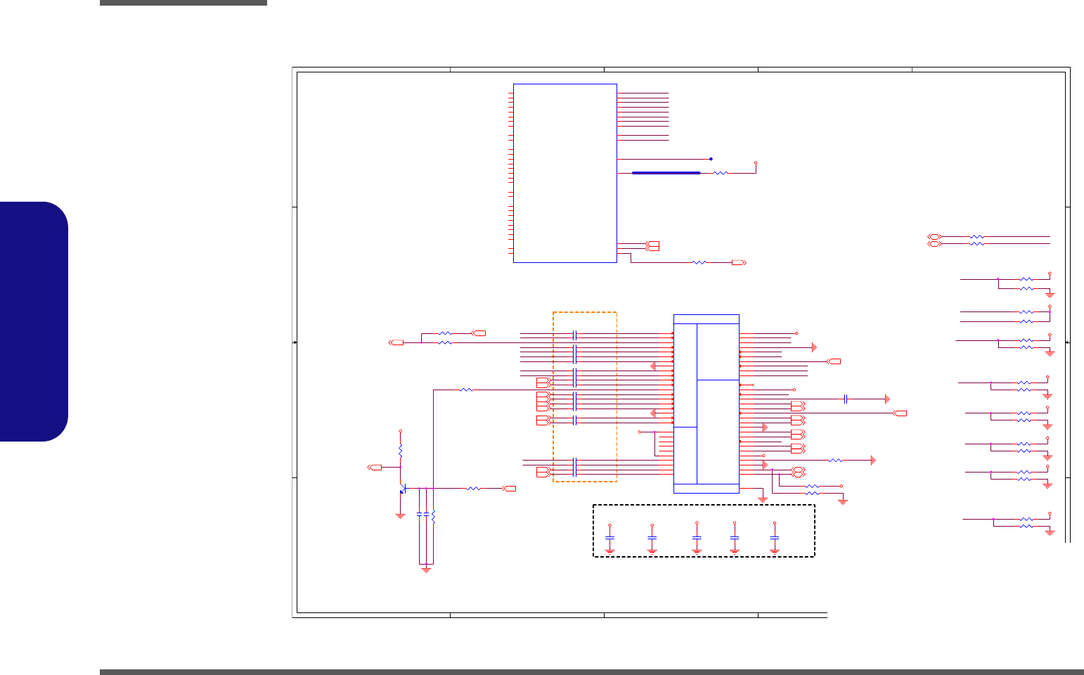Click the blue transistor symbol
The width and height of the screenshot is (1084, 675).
click(x=404, y=489)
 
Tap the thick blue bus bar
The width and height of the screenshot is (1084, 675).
click(x=666, y=172)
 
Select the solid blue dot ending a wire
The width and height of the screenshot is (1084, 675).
click(x=711, y=159)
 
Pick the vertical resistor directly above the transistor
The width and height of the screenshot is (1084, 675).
click(x=400, y=449)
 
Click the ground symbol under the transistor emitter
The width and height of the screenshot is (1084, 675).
click(x=400, y=515)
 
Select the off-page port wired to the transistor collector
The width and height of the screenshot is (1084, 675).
click(x=375, y=467)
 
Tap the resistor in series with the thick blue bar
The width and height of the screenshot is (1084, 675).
click(x=721, y=172)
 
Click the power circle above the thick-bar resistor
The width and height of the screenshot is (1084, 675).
click(x=756, y=162)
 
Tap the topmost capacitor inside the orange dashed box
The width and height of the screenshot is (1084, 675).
click(x=575, y=335)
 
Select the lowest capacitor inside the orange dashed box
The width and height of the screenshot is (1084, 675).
click(x=575, y=467)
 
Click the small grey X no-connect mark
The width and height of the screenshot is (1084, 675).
click(x=753, y=385)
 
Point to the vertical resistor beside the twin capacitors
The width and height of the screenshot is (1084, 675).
click(x=433, y=517)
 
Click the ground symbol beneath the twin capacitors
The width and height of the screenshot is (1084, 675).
click(x=425, y=569)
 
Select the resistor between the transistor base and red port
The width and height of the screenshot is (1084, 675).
click(x=473, y=488)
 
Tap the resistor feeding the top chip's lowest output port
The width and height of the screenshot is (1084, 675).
click(x=699, y=262)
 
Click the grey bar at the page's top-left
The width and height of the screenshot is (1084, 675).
click(x=183, y=3)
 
